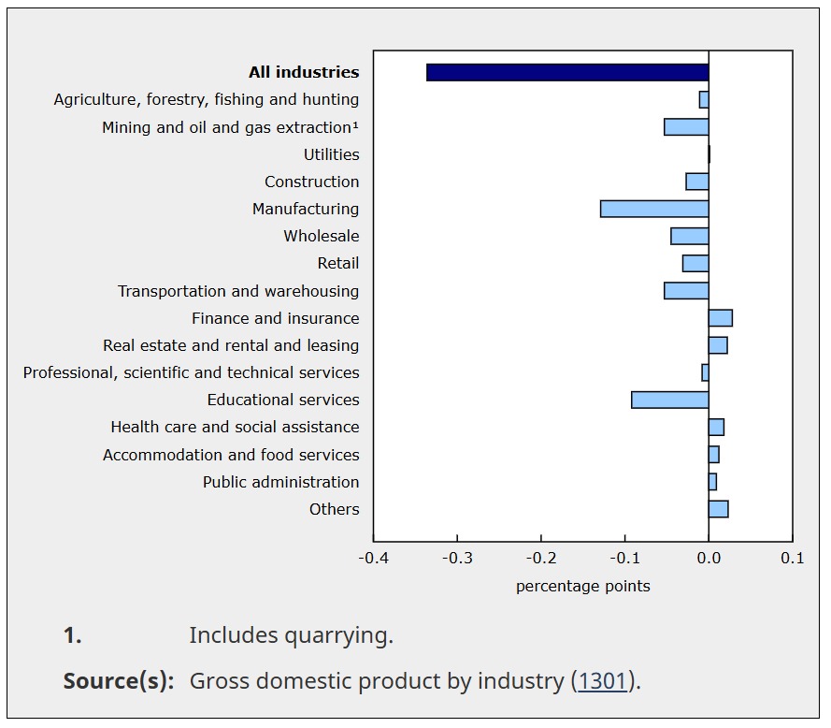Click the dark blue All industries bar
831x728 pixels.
(567, 72)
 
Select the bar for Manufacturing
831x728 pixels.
(654, 209)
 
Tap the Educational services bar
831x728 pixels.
(669, 400)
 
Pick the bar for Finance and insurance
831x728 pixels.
(720, 318)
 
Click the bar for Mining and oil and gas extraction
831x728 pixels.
(686, 126)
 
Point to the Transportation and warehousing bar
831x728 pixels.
(686, 291)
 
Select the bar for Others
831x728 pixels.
(718, 509)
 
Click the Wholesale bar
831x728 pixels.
(690, 236)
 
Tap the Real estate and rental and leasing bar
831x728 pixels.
(718, 345)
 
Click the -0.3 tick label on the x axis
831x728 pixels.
(456, 559)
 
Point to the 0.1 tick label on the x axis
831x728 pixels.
(792, 559)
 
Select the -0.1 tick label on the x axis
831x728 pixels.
(624, 559)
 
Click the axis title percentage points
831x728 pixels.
(582, 587)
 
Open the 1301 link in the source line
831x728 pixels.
(602, 681)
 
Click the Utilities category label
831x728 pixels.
(331, 154)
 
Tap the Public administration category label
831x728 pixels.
(280, 482)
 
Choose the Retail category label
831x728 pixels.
(337, 263)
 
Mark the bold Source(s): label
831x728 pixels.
(119, 681)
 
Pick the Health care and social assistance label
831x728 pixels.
(235, 427)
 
